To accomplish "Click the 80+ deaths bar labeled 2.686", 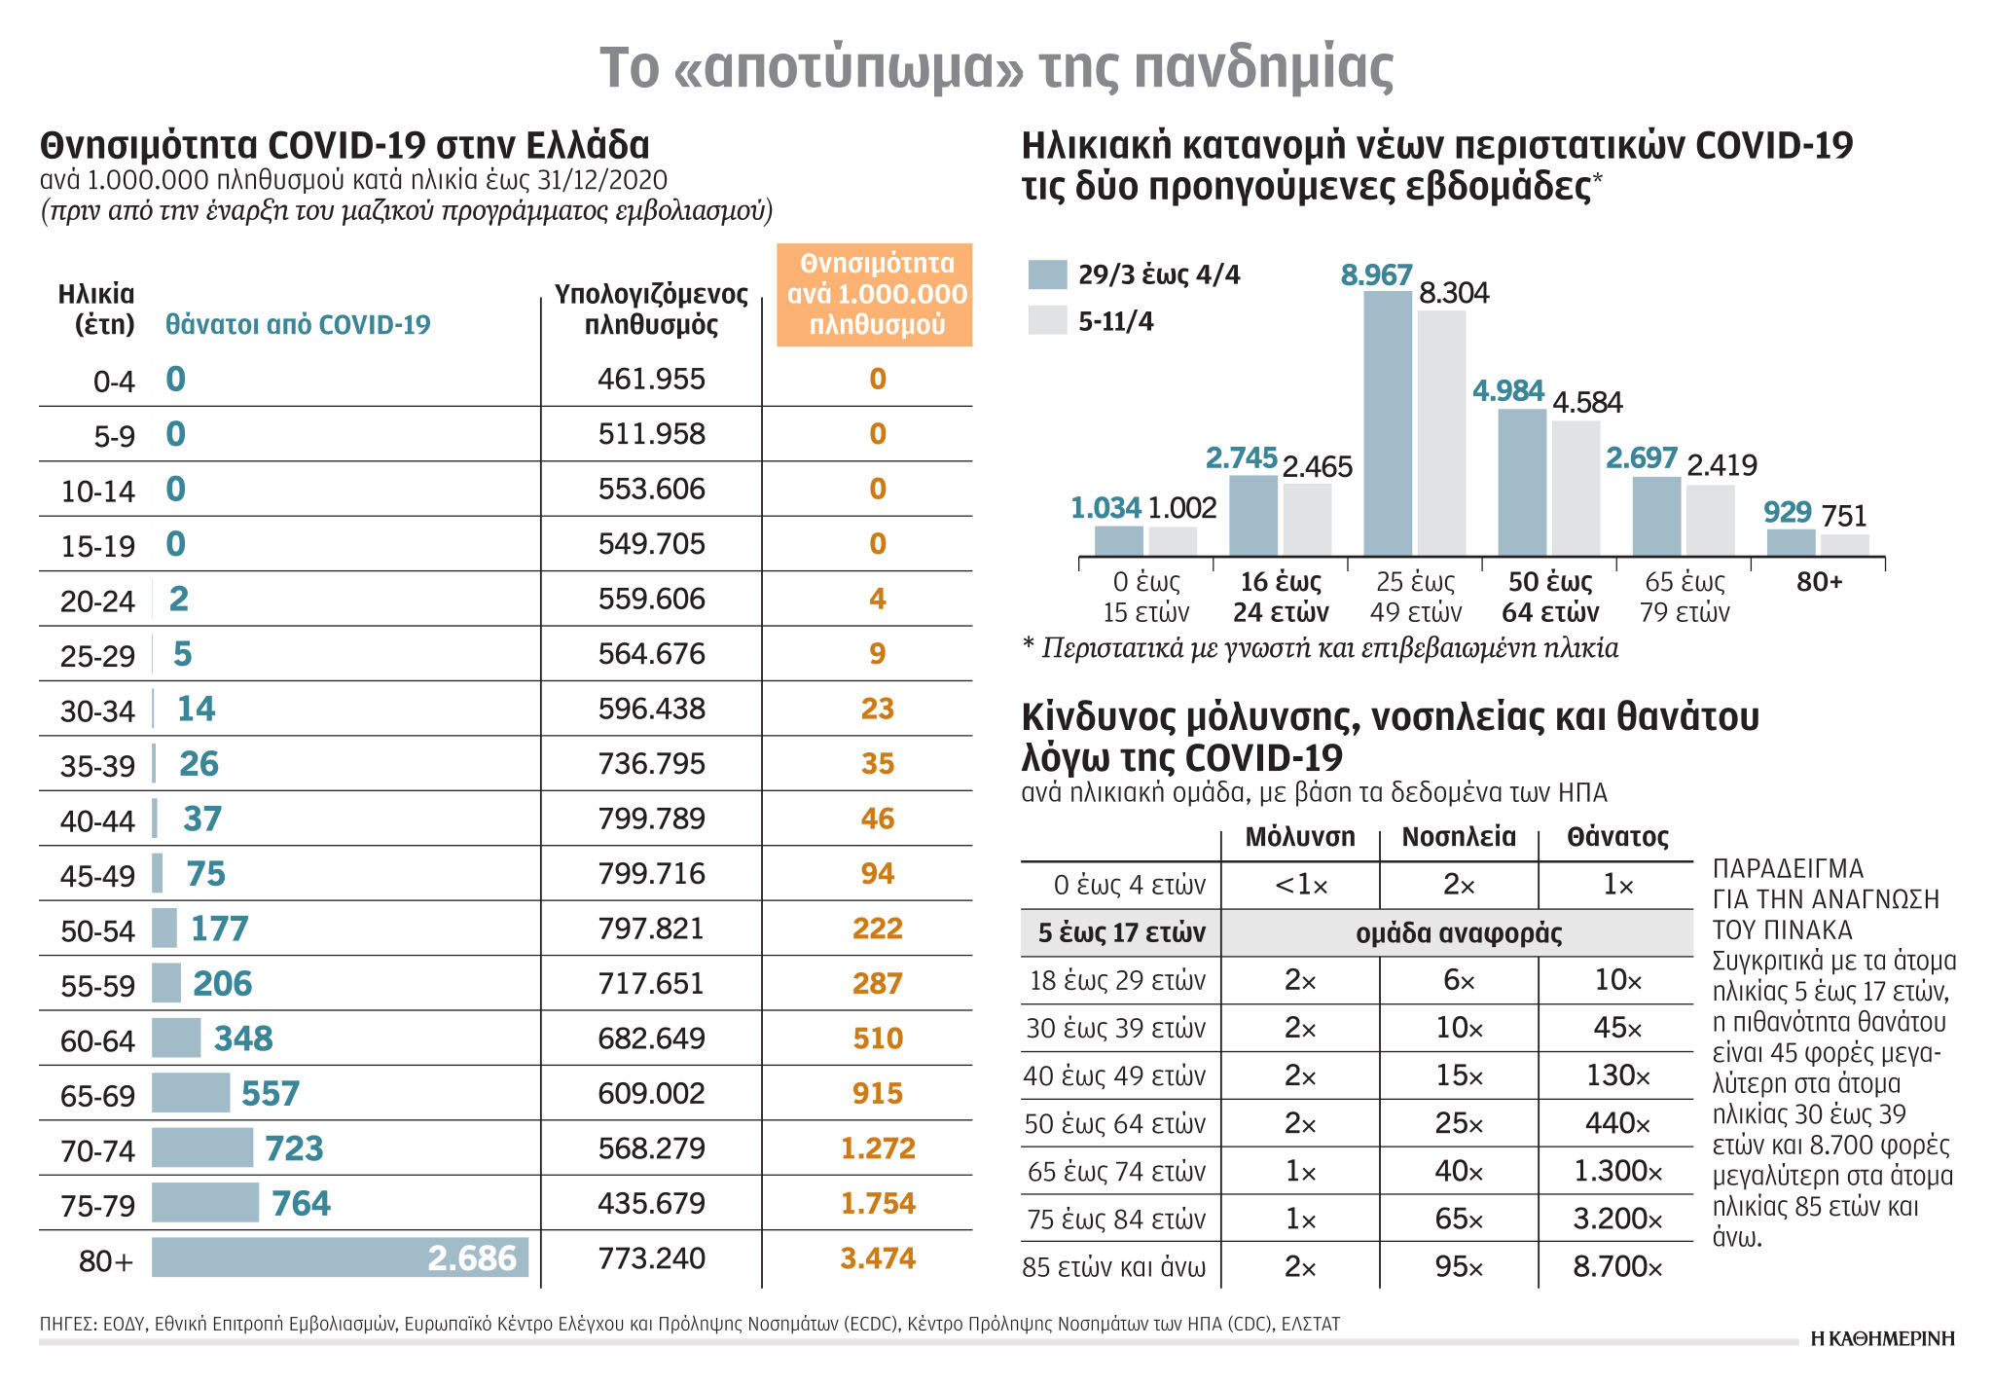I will (x=340, y=1257).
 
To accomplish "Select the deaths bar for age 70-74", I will (x=202, y=1147).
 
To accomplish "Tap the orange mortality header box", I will (x=875, y=295).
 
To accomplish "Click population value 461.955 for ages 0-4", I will (x=651, y=379).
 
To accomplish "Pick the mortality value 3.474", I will (x=877, y=1257).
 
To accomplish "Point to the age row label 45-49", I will (x=97, y=876).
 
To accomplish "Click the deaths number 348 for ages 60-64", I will (x=243, y=1038).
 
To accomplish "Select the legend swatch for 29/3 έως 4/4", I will (x=1047, y=275).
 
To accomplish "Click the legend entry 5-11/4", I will (x=1115, y=321).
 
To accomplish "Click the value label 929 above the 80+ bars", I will (x=1787, y=512).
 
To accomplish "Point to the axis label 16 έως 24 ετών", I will (x=1281, y=597).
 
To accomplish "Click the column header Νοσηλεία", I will (x=1458, y=837).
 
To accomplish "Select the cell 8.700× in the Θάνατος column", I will (x=1616, y=1266).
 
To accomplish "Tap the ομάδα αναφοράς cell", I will (x=1458, y=933).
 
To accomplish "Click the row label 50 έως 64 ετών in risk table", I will (x=1114, y=1123).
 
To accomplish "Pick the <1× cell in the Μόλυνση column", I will (x=1300, y=885).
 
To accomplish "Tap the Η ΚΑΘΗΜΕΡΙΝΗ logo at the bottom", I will (x=1882, y=1338).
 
